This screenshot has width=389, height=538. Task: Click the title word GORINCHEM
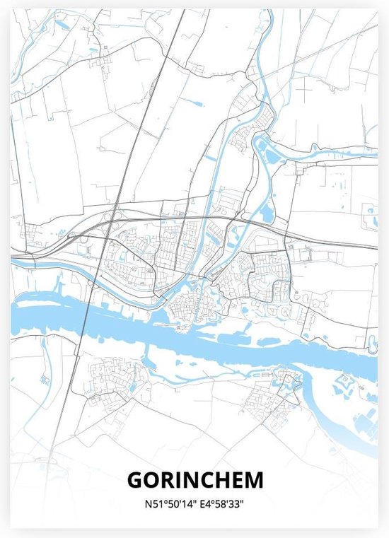point(194,480)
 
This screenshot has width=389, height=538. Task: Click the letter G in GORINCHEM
point(134,480)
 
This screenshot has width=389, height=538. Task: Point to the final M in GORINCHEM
point(254,480)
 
